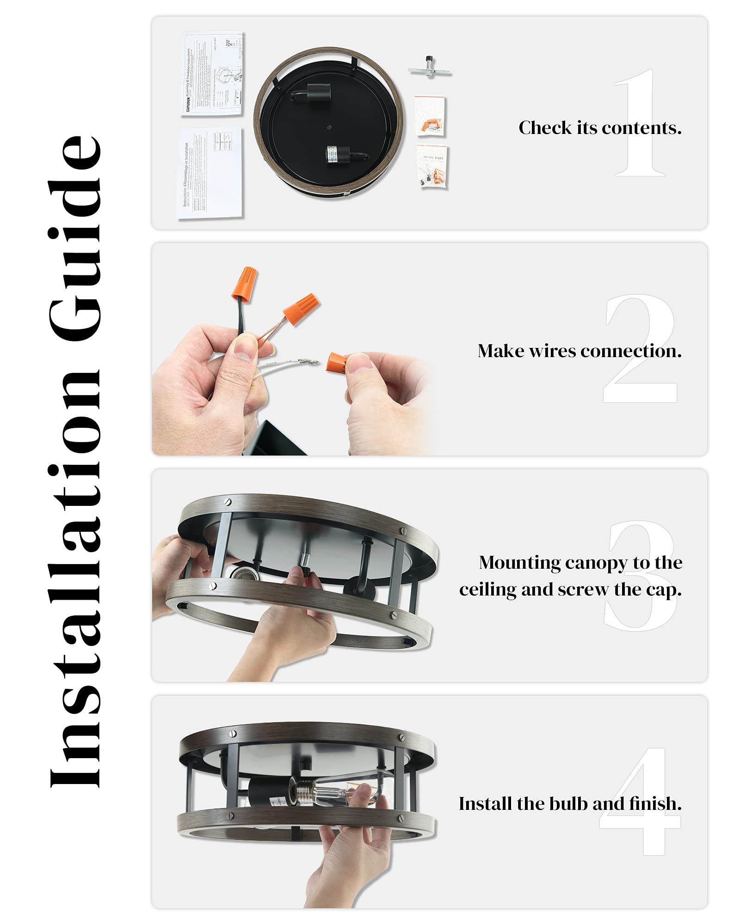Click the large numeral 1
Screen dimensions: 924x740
tap(640, 122)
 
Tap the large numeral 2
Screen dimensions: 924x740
tap(641, 349)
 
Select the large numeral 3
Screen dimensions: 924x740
tap(641, 575)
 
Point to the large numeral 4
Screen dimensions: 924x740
tap(641, 802)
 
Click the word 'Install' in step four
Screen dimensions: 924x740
tap(486, 804)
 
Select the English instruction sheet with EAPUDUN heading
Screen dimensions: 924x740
tap(212, 74)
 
